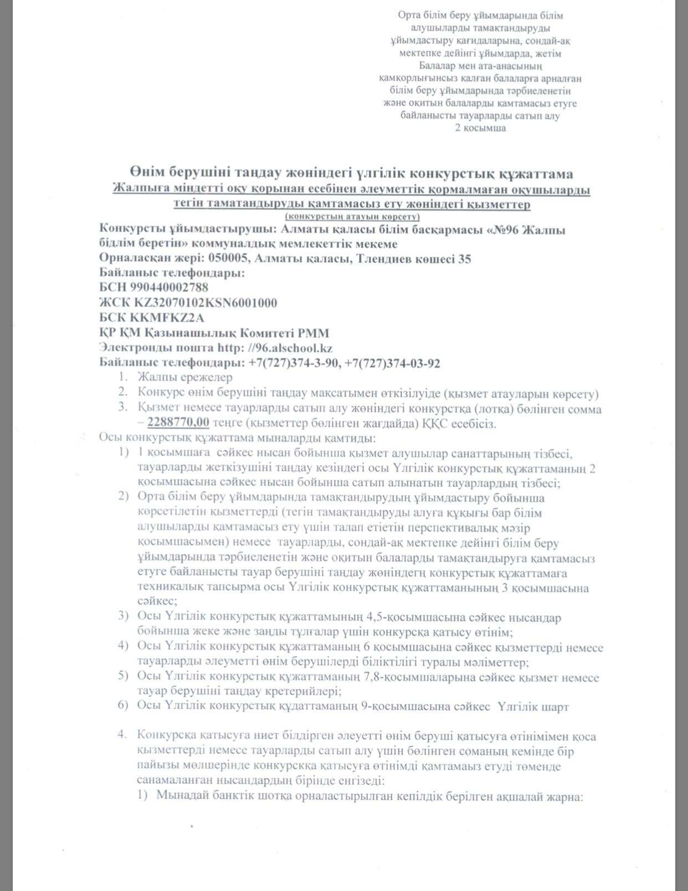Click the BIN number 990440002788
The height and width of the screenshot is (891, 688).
(170, 287)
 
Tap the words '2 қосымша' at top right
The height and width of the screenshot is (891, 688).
(480, 128)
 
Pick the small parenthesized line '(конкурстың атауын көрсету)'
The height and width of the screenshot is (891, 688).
(352, 217)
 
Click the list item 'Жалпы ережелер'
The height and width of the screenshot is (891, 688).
(185, 377)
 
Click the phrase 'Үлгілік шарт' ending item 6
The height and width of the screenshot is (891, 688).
(533, 707)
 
